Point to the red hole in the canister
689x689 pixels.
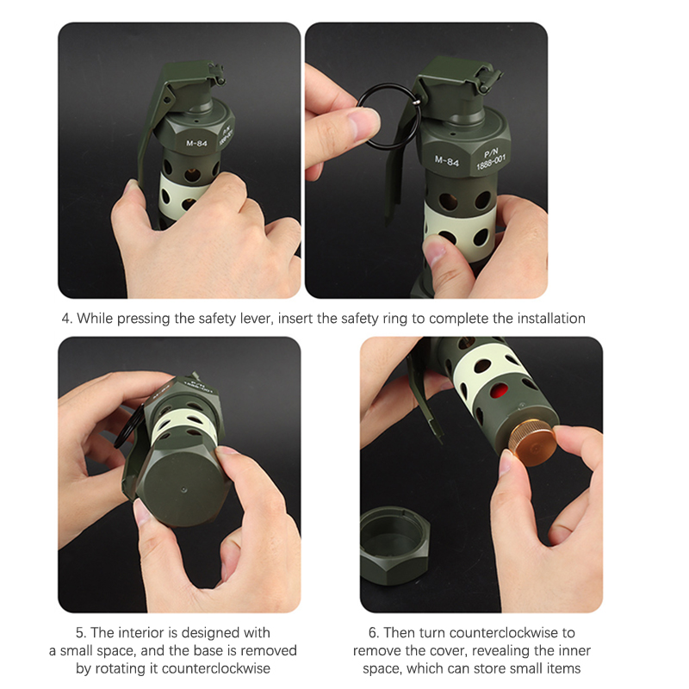pos(499,390)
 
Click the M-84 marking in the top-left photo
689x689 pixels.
pos(196,143)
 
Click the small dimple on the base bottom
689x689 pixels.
pos(183,489)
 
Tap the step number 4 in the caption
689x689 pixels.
pos(66,319)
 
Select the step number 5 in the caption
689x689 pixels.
pos(80,633)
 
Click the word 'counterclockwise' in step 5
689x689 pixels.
pos(216,668)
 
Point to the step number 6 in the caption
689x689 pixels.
pos(373,633)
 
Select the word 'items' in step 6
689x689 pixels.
pos(564,668)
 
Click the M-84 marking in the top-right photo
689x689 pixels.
pos(446,161)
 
